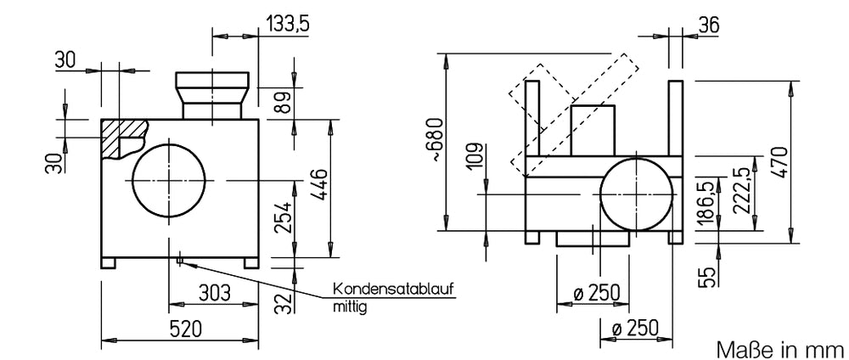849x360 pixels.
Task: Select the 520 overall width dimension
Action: pos(186,328)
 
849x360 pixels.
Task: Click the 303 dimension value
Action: pos(214,292)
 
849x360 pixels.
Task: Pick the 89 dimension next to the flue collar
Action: pos(283,102)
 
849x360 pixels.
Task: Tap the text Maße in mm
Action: pos(780,349)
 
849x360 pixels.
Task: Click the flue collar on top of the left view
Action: pos(212,95)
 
